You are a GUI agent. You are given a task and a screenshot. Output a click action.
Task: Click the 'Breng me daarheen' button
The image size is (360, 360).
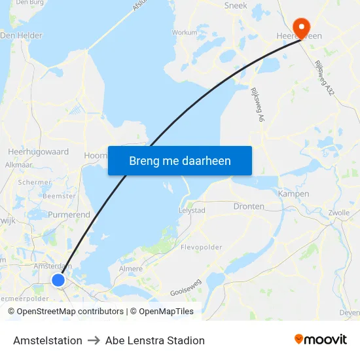pyautogui.click(x=180, y=160)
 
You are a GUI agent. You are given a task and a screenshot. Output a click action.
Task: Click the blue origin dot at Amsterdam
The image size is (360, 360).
pyautogui.click(x=58, y=280)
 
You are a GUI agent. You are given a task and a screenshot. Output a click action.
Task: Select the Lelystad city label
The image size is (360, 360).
pyautogui.click(x=192, y=210)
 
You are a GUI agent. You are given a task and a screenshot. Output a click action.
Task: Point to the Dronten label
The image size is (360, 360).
pyautogui.click(x=249, y=206)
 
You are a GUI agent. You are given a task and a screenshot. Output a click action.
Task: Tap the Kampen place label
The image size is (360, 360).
pyautogui.click(x=293, y=194)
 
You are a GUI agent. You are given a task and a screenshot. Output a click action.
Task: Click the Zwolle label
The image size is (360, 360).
pyautogui.click(x=339, y=213)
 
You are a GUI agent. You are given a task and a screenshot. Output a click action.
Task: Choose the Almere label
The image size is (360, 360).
pyautogui.click(x=131, y=268)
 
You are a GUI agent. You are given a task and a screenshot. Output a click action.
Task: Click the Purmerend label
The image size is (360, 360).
pyautogui.click(x=69, y=215)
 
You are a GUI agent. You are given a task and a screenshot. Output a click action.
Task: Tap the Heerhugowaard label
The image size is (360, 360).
pyautogui.click(x=38, y=151)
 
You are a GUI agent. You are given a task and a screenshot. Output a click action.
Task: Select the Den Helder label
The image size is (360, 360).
pyautogui.click(x=21, y=35)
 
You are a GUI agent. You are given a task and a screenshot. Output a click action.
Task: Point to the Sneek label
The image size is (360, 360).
pyautogui.click(x=236, y=5)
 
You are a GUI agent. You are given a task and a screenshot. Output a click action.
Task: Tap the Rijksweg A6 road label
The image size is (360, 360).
pyautogui.click(x=256, y=105)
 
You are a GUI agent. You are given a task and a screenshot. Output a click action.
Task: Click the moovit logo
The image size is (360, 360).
pyautogui.click(x=321, y=340)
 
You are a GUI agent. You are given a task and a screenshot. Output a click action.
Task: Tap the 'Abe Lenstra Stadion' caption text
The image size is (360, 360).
pyautogui.click(x=155, y=340)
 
